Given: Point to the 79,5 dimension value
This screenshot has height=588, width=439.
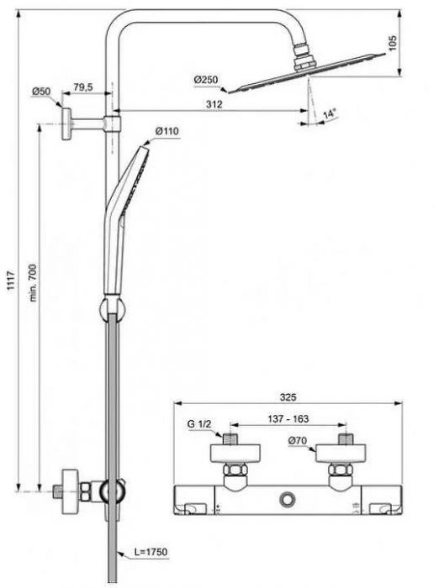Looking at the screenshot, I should pos(82,87).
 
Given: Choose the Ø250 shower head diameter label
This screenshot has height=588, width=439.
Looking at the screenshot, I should pos(206,80).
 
